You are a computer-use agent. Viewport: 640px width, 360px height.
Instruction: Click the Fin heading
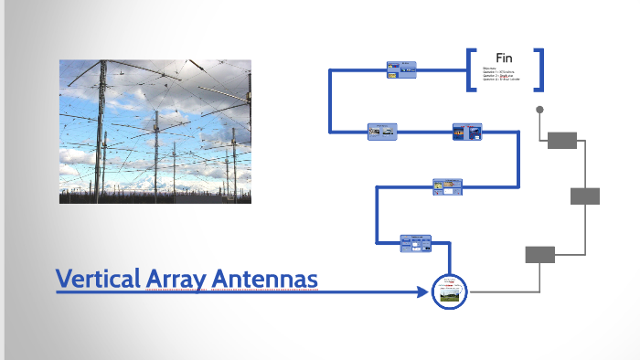click(504, 58)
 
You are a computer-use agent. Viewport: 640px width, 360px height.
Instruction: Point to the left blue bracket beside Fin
click(471, 69)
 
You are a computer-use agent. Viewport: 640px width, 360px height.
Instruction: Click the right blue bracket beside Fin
click(539, 69)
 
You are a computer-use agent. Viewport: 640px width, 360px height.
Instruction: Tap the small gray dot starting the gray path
click(539, 111)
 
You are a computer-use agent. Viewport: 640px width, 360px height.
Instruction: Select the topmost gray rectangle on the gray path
click(562, 140)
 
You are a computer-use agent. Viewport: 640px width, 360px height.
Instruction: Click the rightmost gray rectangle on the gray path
click(585, 196)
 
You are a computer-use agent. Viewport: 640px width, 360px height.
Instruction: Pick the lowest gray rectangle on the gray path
click(539, 254)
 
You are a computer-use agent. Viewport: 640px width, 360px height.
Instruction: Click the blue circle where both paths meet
click(449, 291)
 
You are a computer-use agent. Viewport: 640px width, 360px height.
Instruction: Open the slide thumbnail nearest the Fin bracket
click(401, 69)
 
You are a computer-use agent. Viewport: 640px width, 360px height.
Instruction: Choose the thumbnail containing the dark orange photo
click(467, 132)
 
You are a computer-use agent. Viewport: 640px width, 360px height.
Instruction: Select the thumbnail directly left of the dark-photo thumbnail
click(382, 132)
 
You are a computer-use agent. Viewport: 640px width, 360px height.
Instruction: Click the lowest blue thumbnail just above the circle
click(416, 243)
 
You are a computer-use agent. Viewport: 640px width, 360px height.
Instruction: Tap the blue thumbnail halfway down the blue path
click(448, 186)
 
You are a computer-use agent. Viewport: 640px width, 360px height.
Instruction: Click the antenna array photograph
click(155, 131)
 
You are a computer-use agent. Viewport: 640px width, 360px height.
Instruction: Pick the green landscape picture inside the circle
click(449, 296)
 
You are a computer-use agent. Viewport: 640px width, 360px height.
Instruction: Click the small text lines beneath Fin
click(498, 74)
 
